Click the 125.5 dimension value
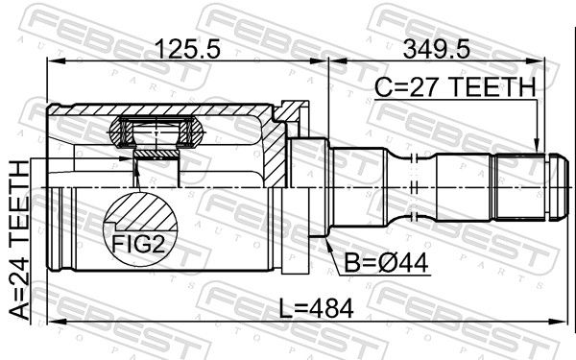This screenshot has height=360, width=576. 188,50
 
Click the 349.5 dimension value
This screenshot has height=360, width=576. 436,50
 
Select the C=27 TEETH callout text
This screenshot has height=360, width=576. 455,87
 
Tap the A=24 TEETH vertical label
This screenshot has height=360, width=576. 19,240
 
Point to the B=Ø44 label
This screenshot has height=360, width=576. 387,263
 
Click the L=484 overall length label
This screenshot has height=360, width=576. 316,308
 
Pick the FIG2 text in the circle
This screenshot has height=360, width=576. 138,243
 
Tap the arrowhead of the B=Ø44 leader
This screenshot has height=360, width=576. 328,244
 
